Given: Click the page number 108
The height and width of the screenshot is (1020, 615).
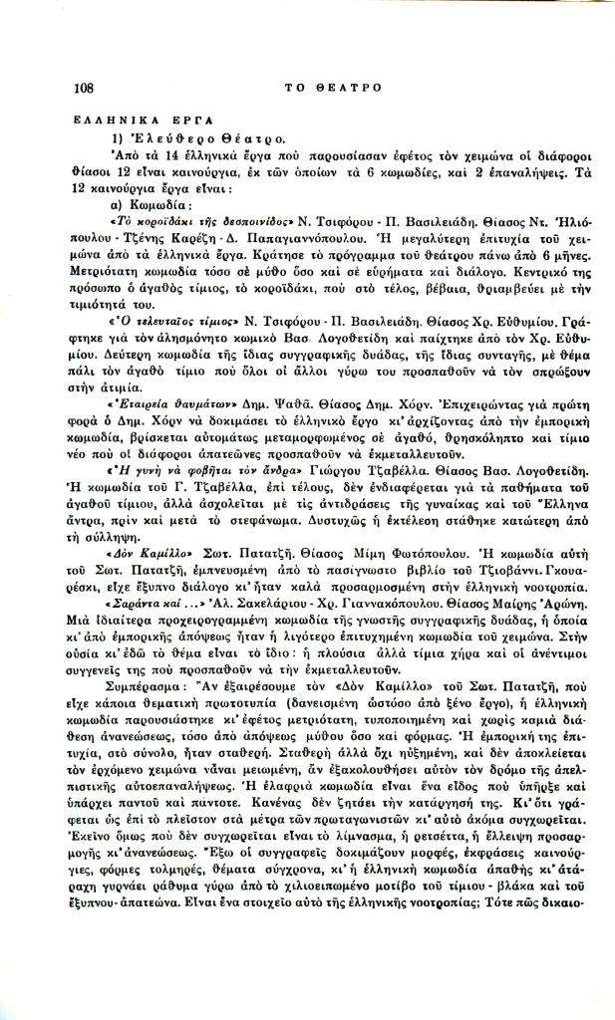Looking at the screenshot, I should (x=84, y=88).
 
